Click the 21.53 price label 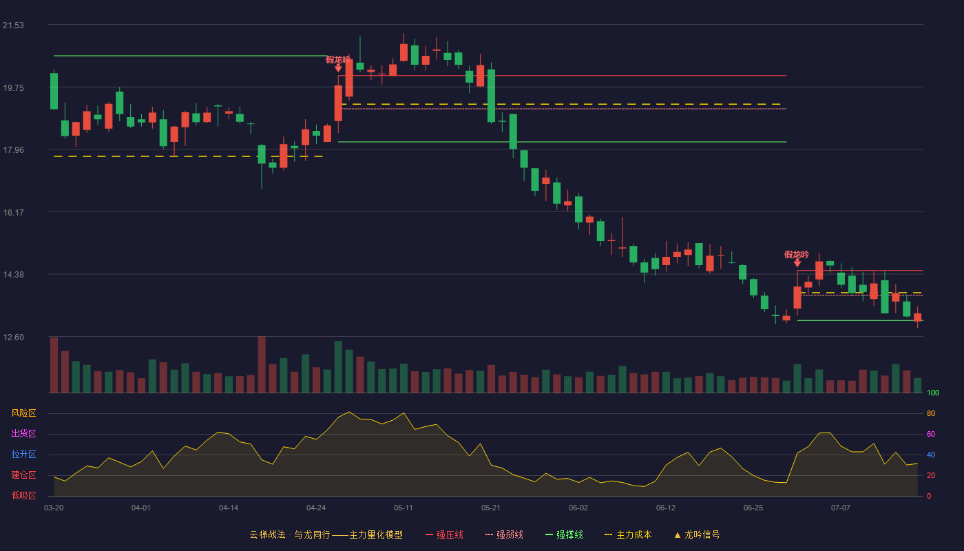point(13,25)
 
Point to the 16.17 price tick point(13,213)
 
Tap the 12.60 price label point(13,337)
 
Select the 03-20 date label point(54,508)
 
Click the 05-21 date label point(490,508)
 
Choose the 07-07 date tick point(841,508)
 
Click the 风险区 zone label point(23,413)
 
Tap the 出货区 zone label point(23,433)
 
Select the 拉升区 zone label point(23,454)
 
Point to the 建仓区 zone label point(23,475)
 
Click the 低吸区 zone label point(23,495)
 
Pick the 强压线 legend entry point(444,535)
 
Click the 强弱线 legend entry point(504,535)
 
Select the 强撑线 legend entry point(564,535)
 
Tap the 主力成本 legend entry point(628,535)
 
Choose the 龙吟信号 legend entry point(697,535)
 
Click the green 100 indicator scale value point(933,393)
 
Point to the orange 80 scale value point(931,413)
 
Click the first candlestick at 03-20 point(54,91)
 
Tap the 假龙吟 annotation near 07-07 point(797,255)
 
